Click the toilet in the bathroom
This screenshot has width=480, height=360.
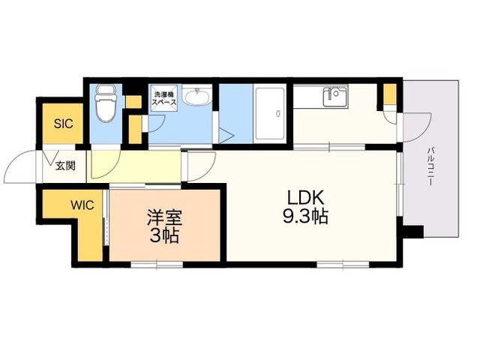pos(106,104)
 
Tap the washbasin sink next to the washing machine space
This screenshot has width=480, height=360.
pos(198,98)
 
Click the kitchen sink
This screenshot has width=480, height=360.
pos(333,97)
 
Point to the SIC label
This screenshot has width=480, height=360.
pos(63,124)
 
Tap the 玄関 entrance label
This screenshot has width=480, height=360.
pos(64,165)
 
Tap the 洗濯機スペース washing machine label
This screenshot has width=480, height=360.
pos(164,98)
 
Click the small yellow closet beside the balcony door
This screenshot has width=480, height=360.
pos(390,95)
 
